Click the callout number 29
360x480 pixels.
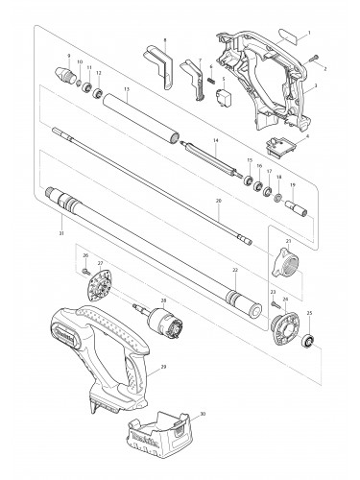[165, 368]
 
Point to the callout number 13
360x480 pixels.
[126, 87]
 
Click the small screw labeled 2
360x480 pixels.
[313, 60]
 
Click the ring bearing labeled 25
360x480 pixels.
[310, 342]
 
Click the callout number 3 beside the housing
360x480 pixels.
[316, 85]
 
